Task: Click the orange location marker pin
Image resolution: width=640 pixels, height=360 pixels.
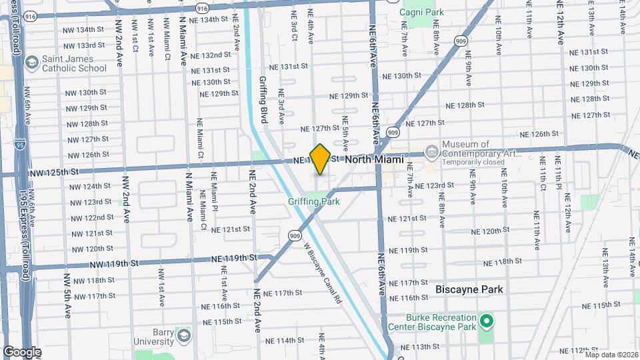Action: click(x=320, y=159)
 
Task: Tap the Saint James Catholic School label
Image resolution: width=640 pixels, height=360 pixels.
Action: click(x=74, y=63)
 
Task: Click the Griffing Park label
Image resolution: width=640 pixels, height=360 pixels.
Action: click(x=314, y=201)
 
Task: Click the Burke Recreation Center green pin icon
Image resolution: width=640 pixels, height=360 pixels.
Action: click(x=487, y=323)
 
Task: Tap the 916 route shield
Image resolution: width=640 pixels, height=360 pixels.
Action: click(x=202, y=8)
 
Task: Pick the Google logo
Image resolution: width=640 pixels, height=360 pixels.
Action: click(x=21, y=352)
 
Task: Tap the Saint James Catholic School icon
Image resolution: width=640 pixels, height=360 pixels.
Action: click(x=31, y=63)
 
